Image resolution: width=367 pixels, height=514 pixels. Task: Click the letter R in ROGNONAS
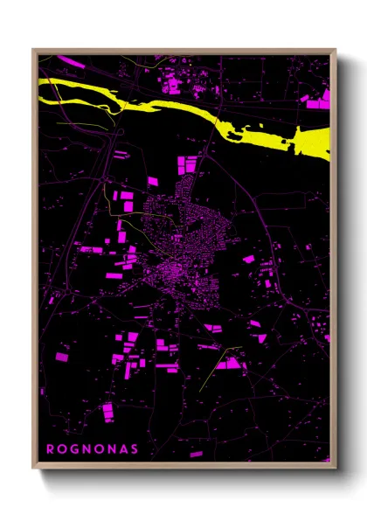click(50, 449)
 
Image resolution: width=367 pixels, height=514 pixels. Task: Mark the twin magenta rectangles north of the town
click(189, 164)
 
